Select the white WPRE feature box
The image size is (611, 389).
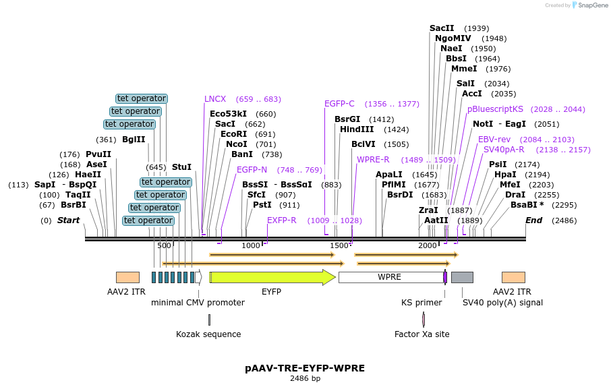pyautogui.click(x=390, y=277)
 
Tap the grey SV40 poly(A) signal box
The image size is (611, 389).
pyautogui.click(x=462, y=277)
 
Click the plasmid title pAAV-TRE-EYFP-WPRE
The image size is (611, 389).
pyautogui.click(x=305, y=368)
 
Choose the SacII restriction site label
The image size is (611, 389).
pyautogui.click(x=442, y=28)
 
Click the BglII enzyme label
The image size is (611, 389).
pyautogui.click(x=134, y=140)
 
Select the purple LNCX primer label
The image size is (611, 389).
pyautogui.click(x=215, y=99)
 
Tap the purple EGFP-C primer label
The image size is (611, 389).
pyautogui.click(x=339, y=104)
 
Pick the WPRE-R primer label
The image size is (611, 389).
pyautogui.click(x=373, y=160)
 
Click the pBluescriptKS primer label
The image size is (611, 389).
pyautogui.click(x=495, y=109)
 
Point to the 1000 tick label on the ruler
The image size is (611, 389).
pyautogui.click(x=250, y=245)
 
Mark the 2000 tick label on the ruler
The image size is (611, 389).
pyautogui.click(x=428, y=245)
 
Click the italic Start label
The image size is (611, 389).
pyautogui.click(x=68, y=220)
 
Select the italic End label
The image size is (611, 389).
pyautogui.click(x=533, y=220)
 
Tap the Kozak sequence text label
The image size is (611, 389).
pyautogui.click(x=208, y=334)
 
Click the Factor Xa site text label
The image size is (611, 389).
pyautogui.click(x=422, y=334)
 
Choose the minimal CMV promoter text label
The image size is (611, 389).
pyautogui.click(x=198, y=303)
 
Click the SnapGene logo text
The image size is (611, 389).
pyautogui.click(x=590, y=5)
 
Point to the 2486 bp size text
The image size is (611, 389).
pyautogui.click(x=305, y=378)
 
